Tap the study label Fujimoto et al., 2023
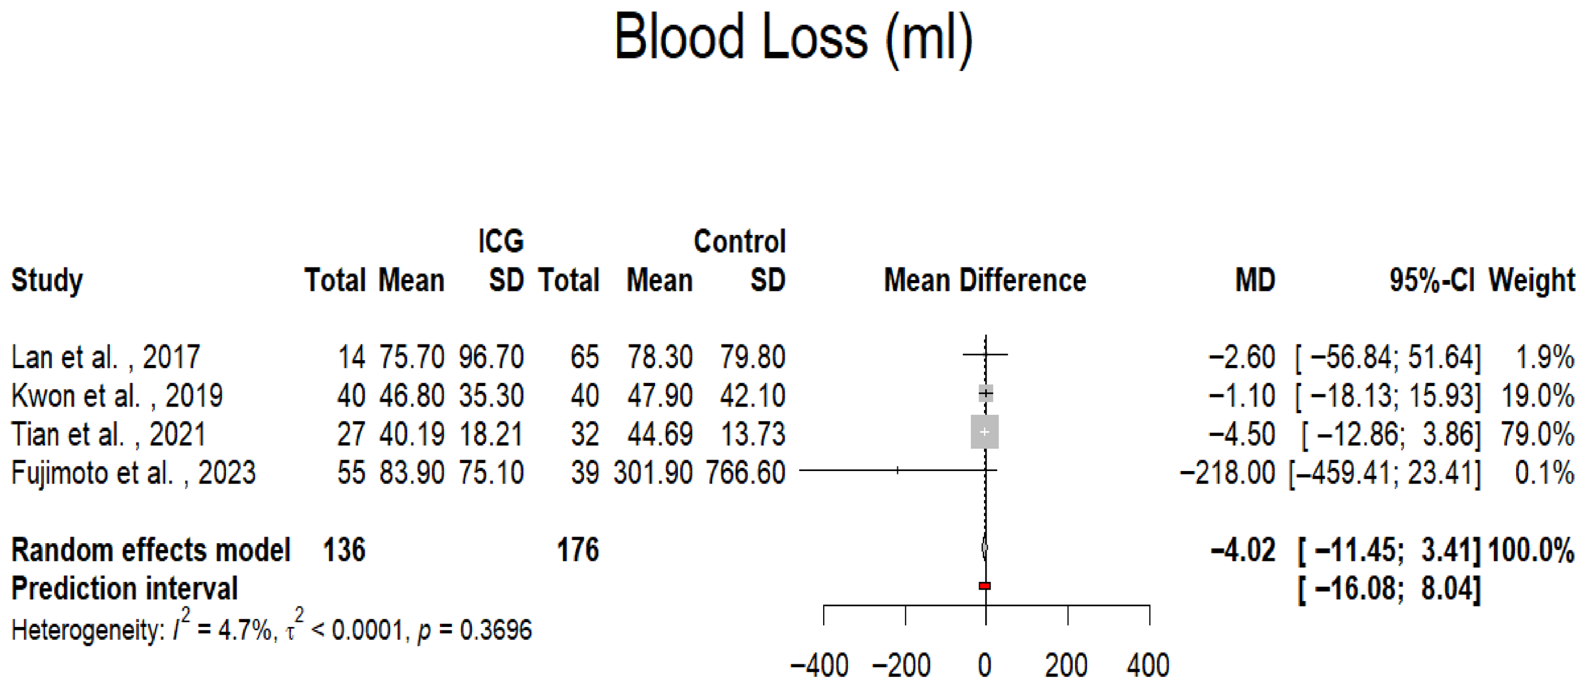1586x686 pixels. pyautogui.click(x=134, y=473)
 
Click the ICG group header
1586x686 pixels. pyautogui.click(x=501, y=241)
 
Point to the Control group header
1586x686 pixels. pyautogui.click(x=739, y=241)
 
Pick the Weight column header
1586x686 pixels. pyautogui.click(x=1531, y=281)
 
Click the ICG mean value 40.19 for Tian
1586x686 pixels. pyautogui.click(x=412, y=434)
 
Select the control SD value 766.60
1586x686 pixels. pyautogui.click(x=745, y=473)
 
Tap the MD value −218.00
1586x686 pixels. pyautogui.click(x=1227, y=473)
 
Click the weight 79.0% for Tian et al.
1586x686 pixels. pyautogui.click(x=1537, y=434)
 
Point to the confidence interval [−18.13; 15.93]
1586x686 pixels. pyautogui.click(x=1388, y=396)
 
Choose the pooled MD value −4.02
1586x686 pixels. pyautogui.click(x=1243, y=550)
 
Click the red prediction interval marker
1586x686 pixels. pyautogui.click(x=985, y=585)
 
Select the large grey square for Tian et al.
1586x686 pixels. pyautogui.click(x=985, y=432)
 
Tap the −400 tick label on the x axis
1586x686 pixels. pyautogui.click(x=820, y=666)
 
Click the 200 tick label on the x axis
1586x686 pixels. pyautogui.click(x=1067, y=666)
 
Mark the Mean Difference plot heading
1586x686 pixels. pyautogui.click(x=985, y=281)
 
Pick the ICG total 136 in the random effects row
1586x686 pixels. pyautogui.click(x=344, y=550)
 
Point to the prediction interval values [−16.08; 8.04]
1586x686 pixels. pyautogui.click(x=1389, y=589)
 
